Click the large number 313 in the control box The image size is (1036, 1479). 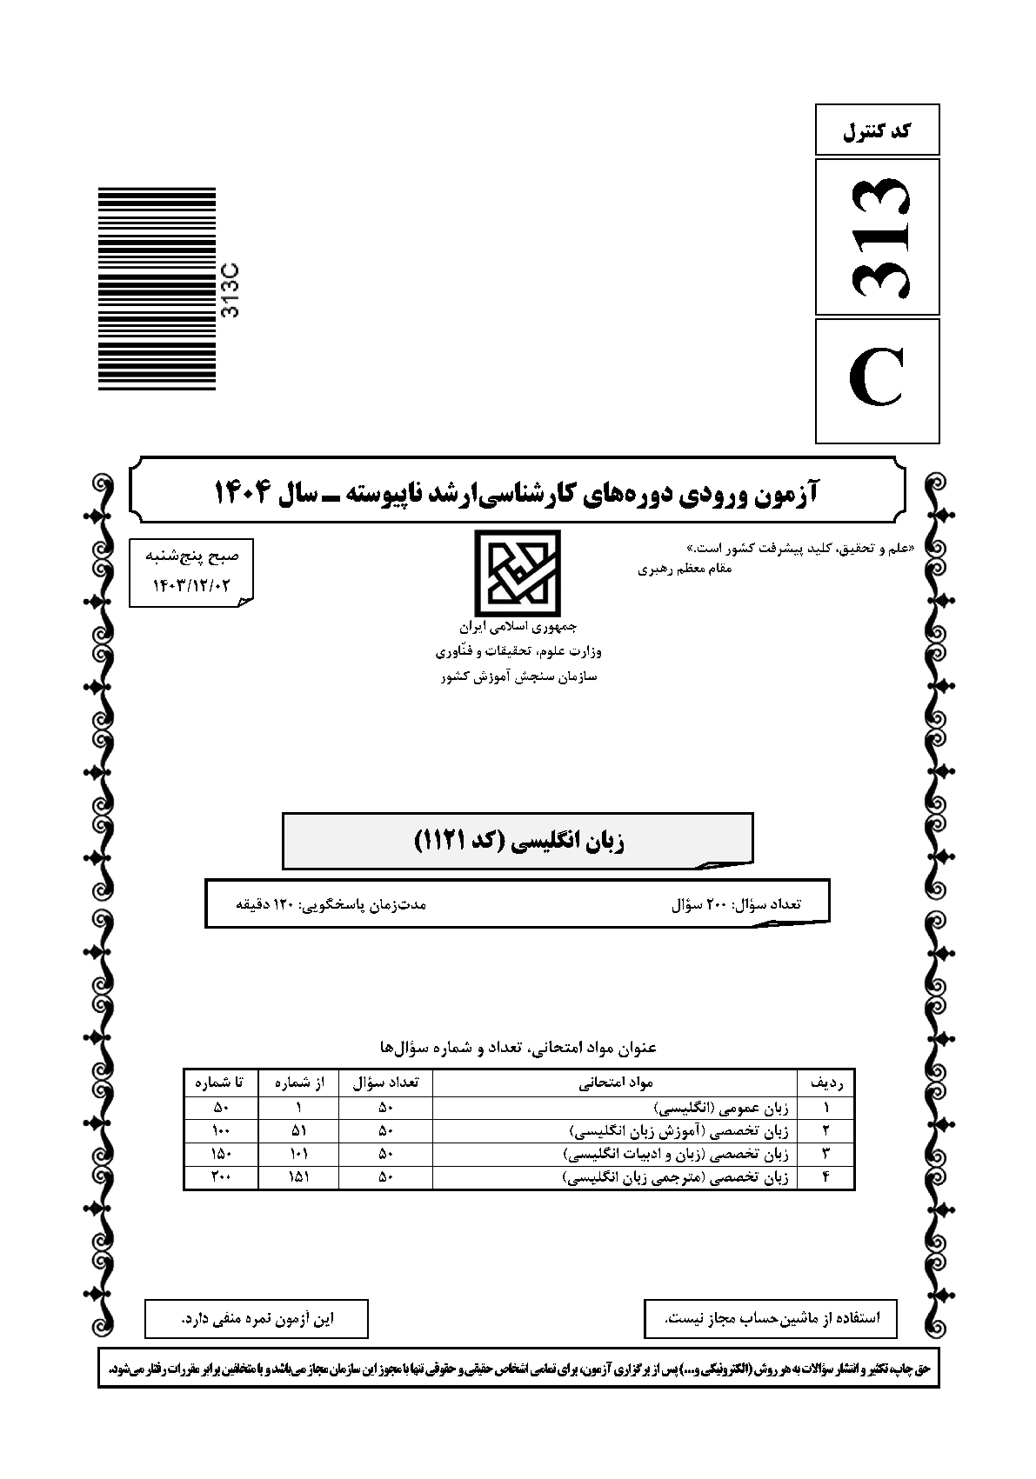coord(878,237)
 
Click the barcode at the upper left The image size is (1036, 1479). coord(157,289)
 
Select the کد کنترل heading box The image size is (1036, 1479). coord(877,130)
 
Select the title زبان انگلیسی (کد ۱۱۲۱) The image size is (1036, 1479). coord(518,841)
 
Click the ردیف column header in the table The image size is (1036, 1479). coord(831,1083)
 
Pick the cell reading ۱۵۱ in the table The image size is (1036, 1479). coord(298,1178)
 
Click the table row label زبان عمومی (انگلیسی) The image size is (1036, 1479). coord(722,1108)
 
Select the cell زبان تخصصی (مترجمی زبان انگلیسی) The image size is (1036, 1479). coord(676,1178)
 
